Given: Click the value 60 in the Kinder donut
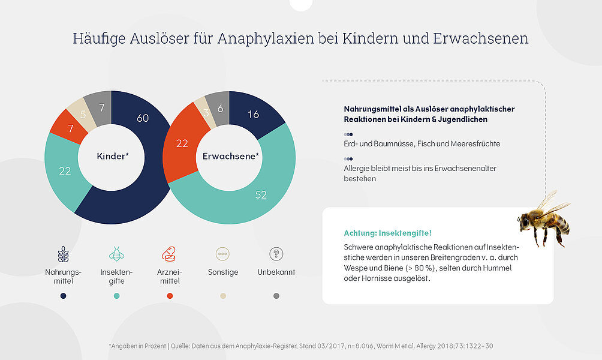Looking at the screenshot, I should pyautogui.click(x=143, y=118).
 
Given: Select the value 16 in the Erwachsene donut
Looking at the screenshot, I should pyautogui.click(x=253, y=114).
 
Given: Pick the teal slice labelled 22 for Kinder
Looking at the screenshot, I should pyautogui.click(x=65, y=171).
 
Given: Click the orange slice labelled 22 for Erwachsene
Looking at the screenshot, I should pyautogui.click(x=182, y=143).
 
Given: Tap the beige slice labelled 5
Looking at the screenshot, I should pyautogui.click(x=83, y=113).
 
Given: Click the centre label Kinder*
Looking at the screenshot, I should pyautogui.click(x=112, y=156).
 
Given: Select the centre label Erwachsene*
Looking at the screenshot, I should pyautogui.click(x=231, y=156).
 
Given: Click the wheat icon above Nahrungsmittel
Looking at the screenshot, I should pyautogui.click(x=63, y=254).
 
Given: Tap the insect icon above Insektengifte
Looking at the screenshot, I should pyautogui.click(x=116, y=254).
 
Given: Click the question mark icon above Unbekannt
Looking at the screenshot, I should pyautogui.click(x=276, y=254).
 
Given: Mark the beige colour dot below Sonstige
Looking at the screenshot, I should pyautogui.click(x=222, y=296).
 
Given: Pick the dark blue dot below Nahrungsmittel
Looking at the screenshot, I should pyautogui.click(x=64, y=296).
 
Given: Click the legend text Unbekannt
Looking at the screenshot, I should pyautogui.click(x=276, y=272).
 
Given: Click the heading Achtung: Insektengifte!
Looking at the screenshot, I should pyautogui.click(x=387, y=233).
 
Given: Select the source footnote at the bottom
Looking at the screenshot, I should pyautogui.click(x=300, y=346).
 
